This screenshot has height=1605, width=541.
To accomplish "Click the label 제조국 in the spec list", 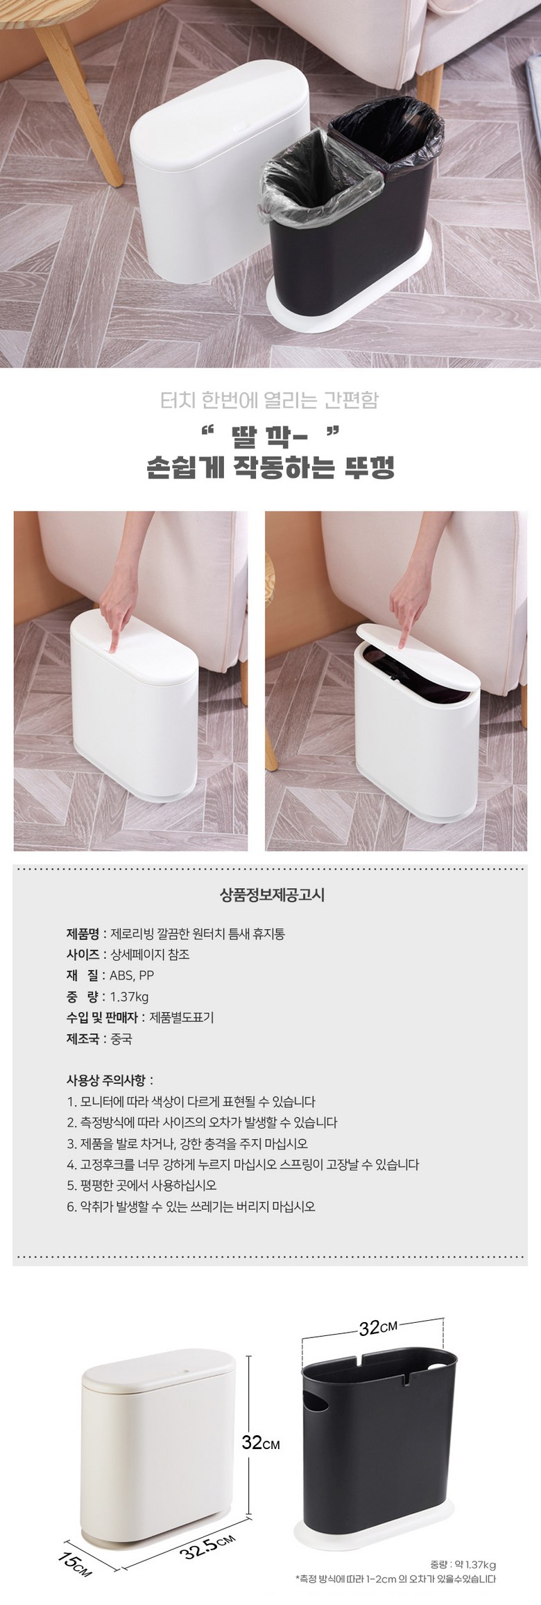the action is (83, 1039).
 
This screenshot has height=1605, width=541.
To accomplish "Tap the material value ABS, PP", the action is (132, 975).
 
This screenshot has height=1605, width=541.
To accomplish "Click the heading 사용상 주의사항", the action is (110, 1080).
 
